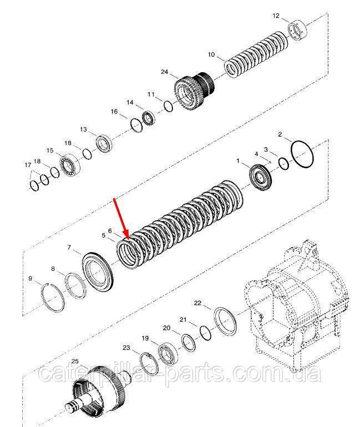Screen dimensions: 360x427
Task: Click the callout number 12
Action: (276, 16)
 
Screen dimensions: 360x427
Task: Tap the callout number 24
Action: (165, 72)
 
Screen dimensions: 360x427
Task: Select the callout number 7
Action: (69, 247)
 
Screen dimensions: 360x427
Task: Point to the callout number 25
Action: (75, 361)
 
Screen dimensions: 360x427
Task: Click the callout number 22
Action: (197, 303)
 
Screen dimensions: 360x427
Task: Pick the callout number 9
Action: (30, 278)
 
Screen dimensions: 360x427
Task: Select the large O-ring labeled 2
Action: (302, 154)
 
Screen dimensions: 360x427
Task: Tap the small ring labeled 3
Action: (284, 164)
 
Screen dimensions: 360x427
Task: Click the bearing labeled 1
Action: (261, 177)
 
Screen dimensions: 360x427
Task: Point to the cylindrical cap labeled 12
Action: (297, 31)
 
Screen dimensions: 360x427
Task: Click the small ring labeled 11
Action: (168, 106)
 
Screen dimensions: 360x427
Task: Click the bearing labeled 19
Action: (168, 354)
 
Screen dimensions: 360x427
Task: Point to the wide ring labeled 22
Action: (225, 321)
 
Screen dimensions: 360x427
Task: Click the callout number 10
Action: (211, 55)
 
